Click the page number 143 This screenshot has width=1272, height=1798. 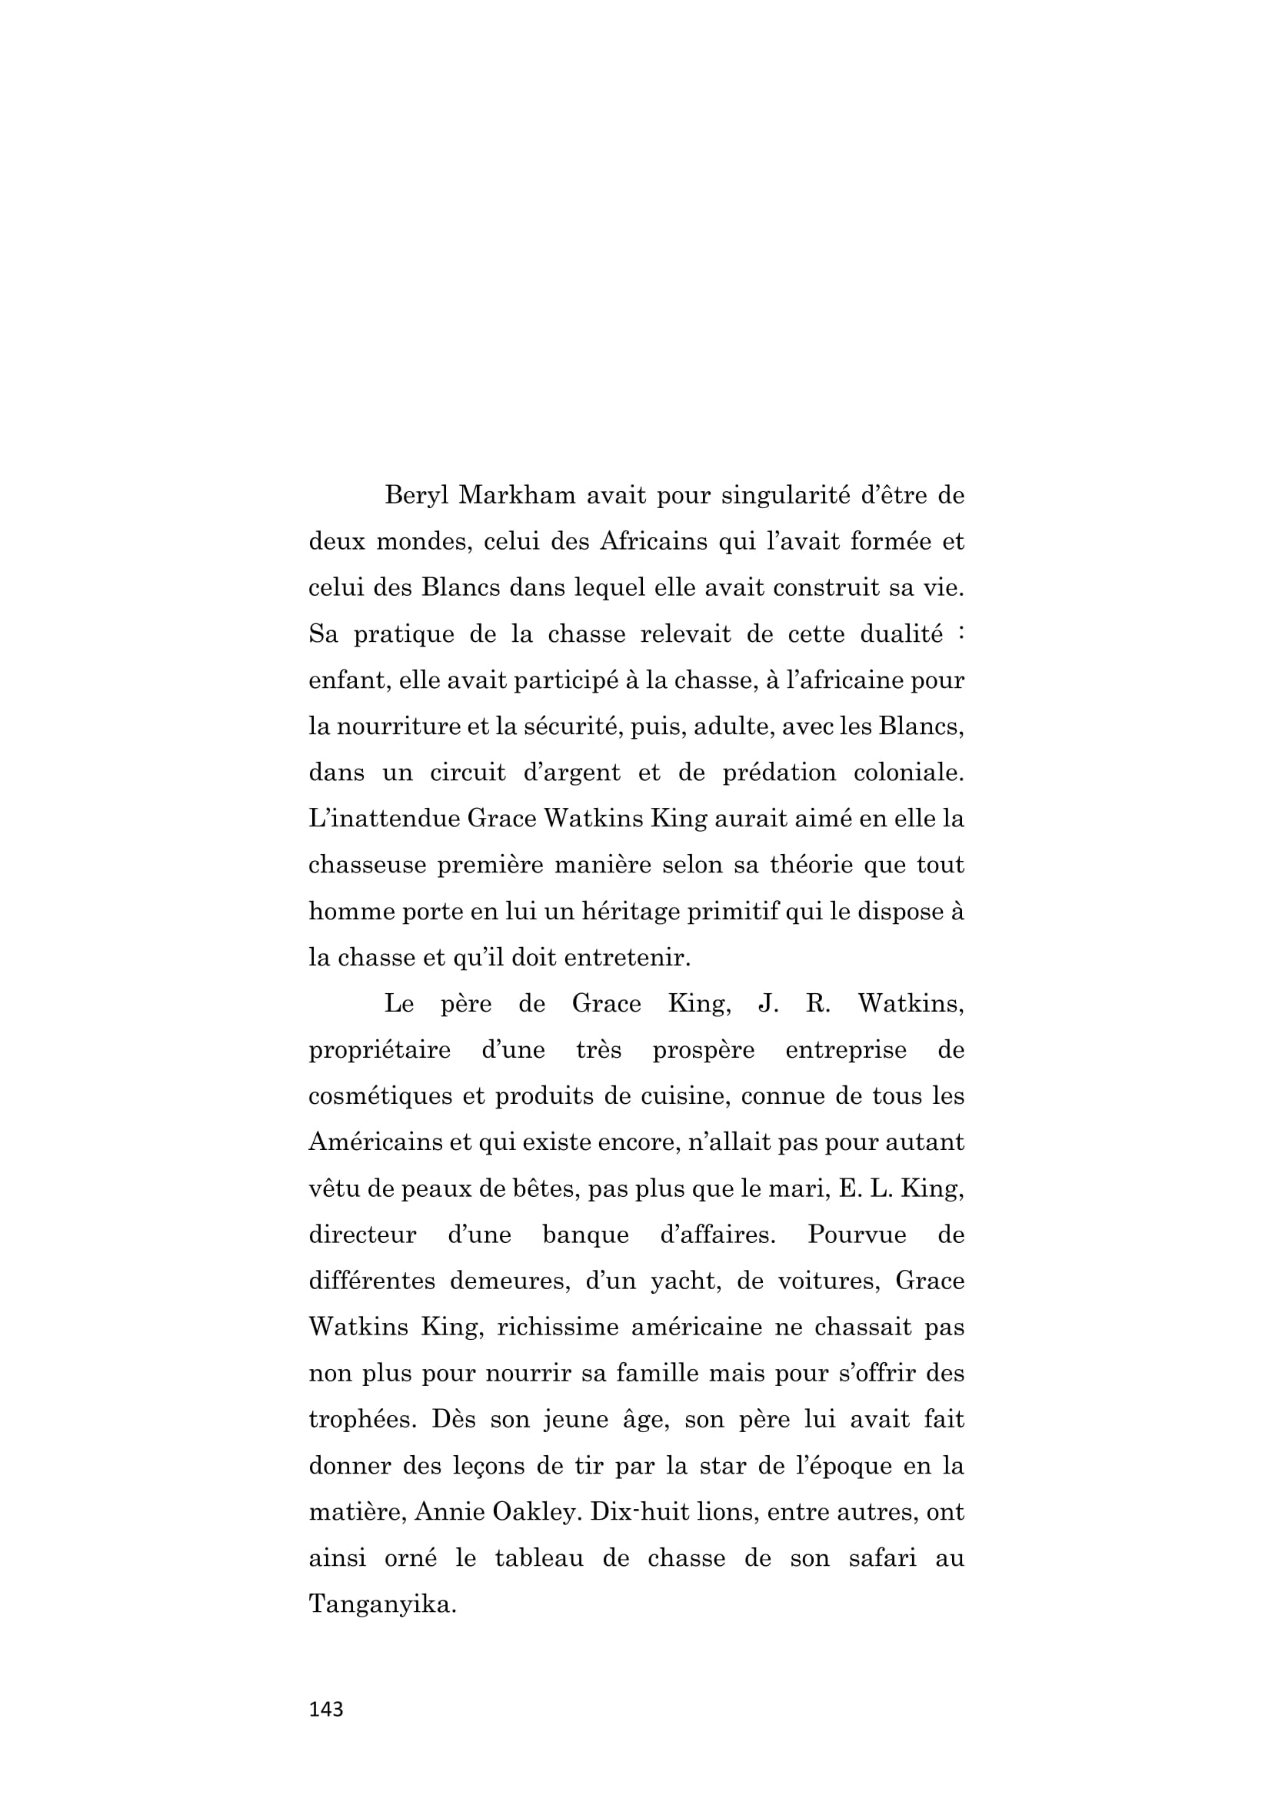tap(326, 1710)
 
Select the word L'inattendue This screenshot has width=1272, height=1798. tap(382, 819)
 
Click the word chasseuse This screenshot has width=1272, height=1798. tap(367, 866)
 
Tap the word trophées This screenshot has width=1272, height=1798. tap(360, 1420)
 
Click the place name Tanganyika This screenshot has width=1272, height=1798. tap(381, 1604)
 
